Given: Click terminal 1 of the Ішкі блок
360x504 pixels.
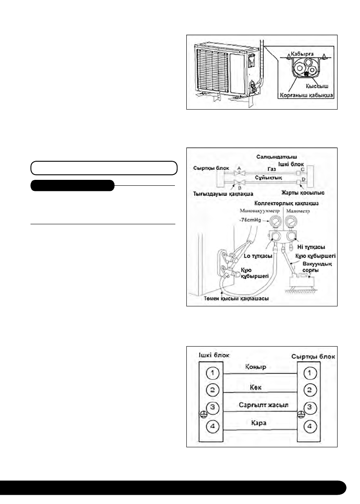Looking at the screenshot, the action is click(213, 374).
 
